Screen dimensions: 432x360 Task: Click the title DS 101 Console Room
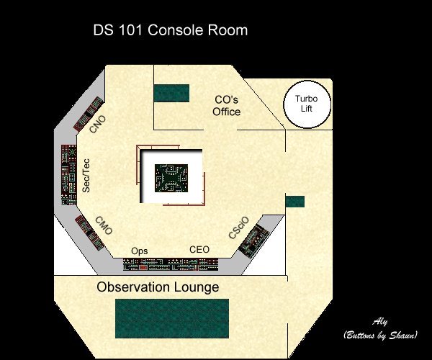pyautogui.click(x=170, y=30)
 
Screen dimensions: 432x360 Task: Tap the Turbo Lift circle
pyautogui.click(x=307, y=104)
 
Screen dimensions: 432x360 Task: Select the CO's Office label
pyautogui.click(x=227, y=106)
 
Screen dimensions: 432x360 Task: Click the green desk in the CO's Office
pyautogui.click(x=171, y=93)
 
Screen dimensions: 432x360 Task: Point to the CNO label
pyautogui.click(x=98, y=124)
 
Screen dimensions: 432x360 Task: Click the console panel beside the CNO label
pyautogui.click(x=88, y=114)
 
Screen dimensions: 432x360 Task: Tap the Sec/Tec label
pyautogui.click(x=86, y=176)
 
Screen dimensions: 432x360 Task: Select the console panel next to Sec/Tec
pyautogui.click(x=68, y=175)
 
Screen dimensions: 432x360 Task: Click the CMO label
pyautogui.click(x=104, y=225)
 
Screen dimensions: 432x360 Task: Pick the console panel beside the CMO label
pyautogui.click(x=89, y=233)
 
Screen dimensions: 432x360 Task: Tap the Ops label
pyautogui.click(x=140, y=251)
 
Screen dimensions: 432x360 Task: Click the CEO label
pyautogui.click(x=199, y=250)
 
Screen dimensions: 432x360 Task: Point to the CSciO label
pyautogui.click(x=239, y=228)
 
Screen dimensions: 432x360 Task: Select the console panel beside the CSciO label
pyautogui.click(x=253, y=241)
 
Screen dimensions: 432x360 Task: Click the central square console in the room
pyautogui.click(x=171, y=179)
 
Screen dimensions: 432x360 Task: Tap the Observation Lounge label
pyautogui.click(x=158, y=287)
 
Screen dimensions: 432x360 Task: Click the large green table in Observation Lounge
pyautogui.click(x=172, y=318)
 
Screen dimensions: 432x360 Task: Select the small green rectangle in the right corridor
pyautogui.click(x=295, y=202)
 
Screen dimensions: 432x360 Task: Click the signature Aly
pyautogui.click(x=380, y=322)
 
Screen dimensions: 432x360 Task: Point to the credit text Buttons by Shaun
pyautogui.click(x=380, y=335)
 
